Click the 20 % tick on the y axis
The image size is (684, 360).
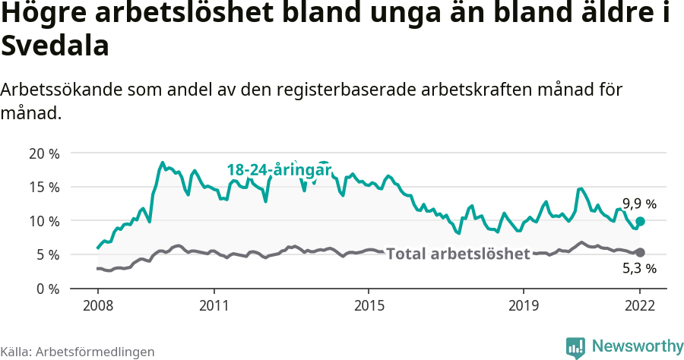(43, 153)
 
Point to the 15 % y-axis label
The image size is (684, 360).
(43, 187)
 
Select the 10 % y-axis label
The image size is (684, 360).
(43, 221)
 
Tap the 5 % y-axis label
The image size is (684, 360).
(46, 254)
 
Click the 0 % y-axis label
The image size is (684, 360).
(46, 289)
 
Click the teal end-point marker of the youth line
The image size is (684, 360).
(640, 221)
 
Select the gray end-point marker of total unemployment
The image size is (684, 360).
(640, 252)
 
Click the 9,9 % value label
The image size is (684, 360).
(639, 204)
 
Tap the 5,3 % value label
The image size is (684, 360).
(639, 268)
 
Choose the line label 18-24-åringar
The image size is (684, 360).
(280, 170)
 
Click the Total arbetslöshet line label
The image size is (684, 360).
(458, 254)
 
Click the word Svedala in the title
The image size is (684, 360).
(55, 46)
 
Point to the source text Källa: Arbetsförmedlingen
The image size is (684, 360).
(78, 352)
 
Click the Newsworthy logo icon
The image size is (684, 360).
(575, 347)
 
